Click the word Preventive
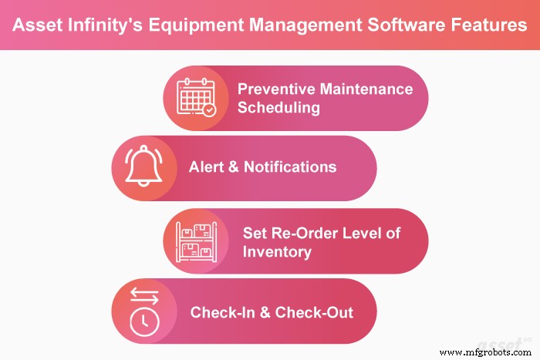273,89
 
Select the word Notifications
290,167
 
